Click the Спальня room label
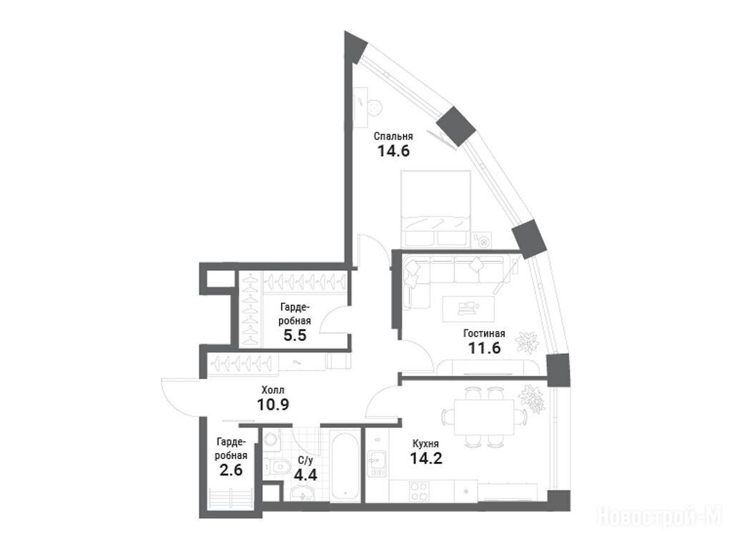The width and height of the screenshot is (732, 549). [x=393, y=137]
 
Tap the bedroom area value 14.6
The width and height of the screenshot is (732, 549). [x=393, y=151]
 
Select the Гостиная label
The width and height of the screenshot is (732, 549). [x=484, y=333]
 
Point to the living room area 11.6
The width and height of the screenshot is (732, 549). [x=484, y=348]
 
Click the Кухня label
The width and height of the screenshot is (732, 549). [x=425, y=444]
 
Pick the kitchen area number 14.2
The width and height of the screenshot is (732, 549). [x=426, y=458]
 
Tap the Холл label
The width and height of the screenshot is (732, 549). [x=272, y=390]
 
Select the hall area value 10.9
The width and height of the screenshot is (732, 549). [x=273, y=405]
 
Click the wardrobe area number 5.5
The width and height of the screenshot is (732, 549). [x=295, y=335]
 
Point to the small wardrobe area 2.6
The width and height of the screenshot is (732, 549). [x=231, y=469]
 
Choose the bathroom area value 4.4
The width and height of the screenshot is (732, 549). [x=305, y=475]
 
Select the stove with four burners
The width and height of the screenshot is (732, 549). [x=419, y=491]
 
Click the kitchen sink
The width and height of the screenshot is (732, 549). [x=376, y=463]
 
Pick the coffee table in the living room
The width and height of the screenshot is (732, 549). [x=468, y=309]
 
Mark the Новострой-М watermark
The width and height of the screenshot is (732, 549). [x=660, y=517]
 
